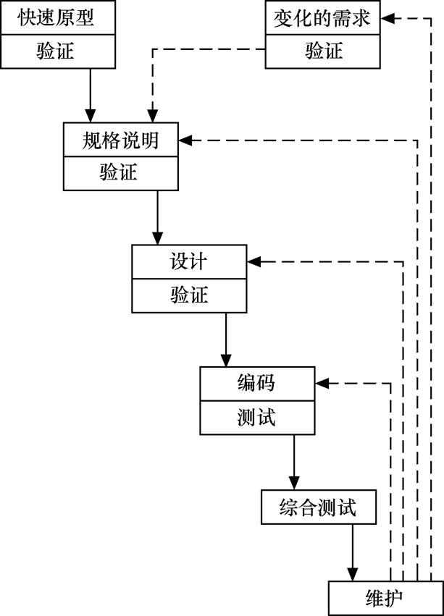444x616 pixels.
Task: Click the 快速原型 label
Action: click(56, 17)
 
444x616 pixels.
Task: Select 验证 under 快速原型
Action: click(56, 51)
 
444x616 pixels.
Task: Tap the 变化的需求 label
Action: click(322, 17)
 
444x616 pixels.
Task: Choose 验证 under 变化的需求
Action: click(322, 51)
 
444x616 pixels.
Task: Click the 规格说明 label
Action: click(120, 140)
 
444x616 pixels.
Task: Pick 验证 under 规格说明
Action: click(120, 174)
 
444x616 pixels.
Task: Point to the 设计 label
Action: click(189, 261)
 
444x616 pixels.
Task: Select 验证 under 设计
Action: click(189, 295)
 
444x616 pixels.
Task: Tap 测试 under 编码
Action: click(256, 417)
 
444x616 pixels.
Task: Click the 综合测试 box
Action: click(319, 507)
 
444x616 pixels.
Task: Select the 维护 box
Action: click(385, 599)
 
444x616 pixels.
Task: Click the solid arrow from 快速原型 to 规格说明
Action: click(90, 94)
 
